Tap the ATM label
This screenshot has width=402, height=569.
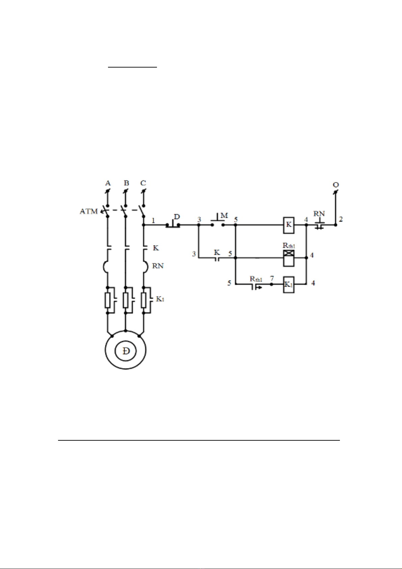coord(89,211)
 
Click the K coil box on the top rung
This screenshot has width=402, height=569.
coord(289,225)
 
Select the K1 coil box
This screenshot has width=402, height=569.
coord(289,284)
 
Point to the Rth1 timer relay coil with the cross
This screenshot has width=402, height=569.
coord(289,258)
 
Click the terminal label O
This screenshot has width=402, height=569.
coord(336,185)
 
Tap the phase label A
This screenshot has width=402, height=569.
coord(108,183)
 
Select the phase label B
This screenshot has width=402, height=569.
coord(126,183)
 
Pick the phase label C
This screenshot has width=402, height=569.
coord(143,183)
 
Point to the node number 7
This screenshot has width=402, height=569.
coord(272,278)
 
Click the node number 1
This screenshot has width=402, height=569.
coord(153,221)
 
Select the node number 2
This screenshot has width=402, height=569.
coord(341,219)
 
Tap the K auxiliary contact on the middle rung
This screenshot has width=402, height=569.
coord(217,258)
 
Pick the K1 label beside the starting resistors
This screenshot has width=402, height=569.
coord(160,299)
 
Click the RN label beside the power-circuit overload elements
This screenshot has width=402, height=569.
coord(158,266)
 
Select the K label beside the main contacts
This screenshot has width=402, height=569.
coord(156,248)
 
